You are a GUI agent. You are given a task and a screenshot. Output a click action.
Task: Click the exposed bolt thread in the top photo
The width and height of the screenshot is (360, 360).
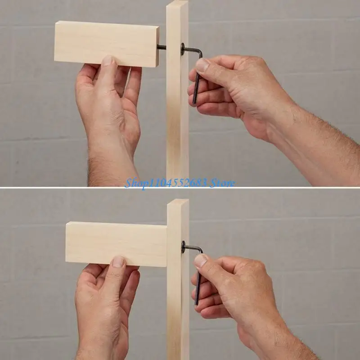[162, 47]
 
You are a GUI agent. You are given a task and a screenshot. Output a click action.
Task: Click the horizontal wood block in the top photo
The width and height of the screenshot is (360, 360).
[106, 43]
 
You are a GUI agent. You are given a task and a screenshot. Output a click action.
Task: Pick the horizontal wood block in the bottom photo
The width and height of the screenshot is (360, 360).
[116, 243]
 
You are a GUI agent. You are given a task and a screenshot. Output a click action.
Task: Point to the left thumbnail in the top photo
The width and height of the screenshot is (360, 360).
[108, 61]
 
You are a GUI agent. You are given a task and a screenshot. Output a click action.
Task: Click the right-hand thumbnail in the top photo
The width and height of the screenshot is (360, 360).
[202, 65]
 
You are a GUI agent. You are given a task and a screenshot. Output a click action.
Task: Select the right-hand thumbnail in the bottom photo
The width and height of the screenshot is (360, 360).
[201, 261]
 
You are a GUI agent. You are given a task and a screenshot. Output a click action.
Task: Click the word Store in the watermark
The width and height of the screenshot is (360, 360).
[222, 183]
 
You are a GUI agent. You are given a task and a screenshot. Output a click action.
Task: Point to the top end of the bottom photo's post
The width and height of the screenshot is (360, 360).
[178, 202]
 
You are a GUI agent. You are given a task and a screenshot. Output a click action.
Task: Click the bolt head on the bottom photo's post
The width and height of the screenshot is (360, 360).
[184, 246]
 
